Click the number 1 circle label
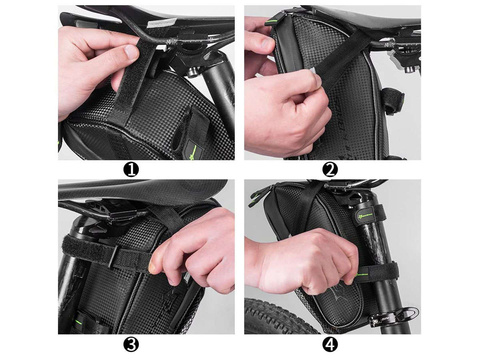(x=131, y=170)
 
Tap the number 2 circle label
(x=330, y=170)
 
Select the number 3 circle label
(x=131, y=344)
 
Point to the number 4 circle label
(x=330, y=344)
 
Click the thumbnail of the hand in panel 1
(x=131, y=53)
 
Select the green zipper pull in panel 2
(x=271, y=22)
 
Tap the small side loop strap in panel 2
(x=393, y=101)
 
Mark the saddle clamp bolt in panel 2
(x=409, y=66)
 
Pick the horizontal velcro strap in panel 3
(x=107, y=253)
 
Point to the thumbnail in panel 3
(x=153, y=267)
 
